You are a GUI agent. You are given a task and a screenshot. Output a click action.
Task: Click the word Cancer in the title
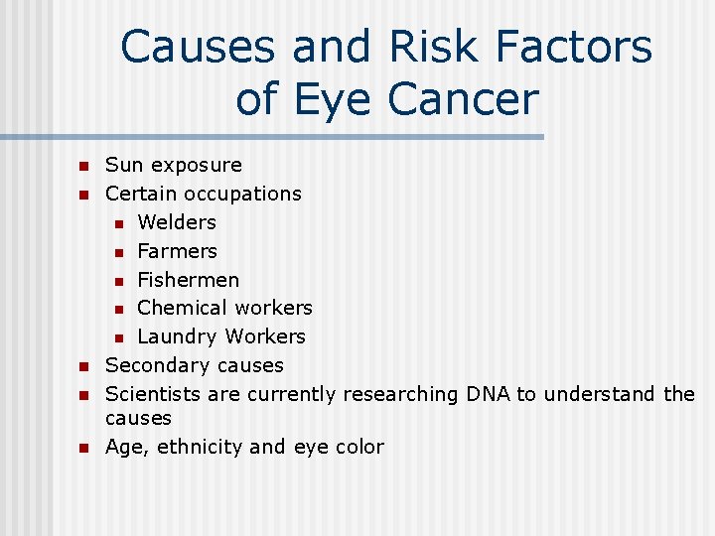464,98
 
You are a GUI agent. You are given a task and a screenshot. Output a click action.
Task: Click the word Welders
177,222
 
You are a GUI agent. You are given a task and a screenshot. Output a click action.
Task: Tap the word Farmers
177,251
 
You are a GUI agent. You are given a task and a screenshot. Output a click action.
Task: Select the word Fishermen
188,280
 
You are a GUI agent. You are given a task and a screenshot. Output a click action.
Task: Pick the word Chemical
180,308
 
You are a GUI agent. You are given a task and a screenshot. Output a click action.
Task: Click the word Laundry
177,336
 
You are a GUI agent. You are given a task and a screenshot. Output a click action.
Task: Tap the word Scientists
153,394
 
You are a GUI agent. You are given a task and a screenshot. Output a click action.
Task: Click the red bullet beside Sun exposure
84,166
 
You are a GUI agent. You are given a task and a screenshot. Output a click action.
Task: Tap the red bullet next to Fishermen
117,281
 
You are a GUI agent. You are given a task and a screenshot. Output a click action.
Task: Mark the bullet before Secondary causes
84,367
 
